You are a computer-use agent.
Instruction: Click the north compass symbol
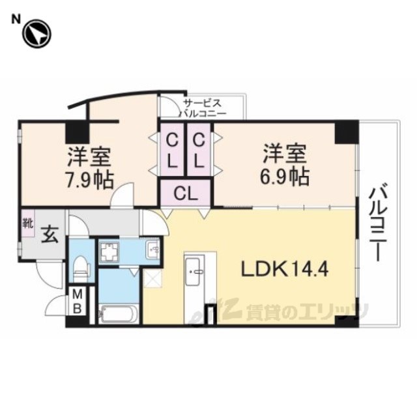pos(36,35)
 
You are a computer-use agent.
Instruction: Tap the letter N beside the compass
pos(16,20)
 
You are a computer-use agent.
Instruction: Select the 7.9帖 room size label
pos(89,180)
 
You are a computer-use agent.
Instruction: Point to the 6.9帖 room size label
pos(285,177)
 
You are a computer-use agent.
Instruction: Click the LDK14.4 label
pos(285,268)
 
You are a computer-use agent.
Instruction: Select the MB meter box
pos(78,301)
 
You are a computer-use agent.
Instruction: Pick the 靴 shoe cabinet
pos(28,223)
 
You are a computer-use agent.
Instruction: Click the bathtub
pos(119,314)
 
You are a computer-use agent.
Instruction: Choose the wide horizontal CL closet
pos(186,194)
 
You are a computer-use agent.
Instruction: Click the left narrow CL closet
pos(172,149)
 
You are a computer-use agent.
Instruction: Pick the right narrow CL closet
pos(199,149)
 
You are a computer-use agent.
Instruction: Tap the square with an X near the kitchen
pos(152,279)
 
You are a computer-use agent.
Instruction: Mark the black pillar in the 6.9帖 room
pos(346,132)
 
